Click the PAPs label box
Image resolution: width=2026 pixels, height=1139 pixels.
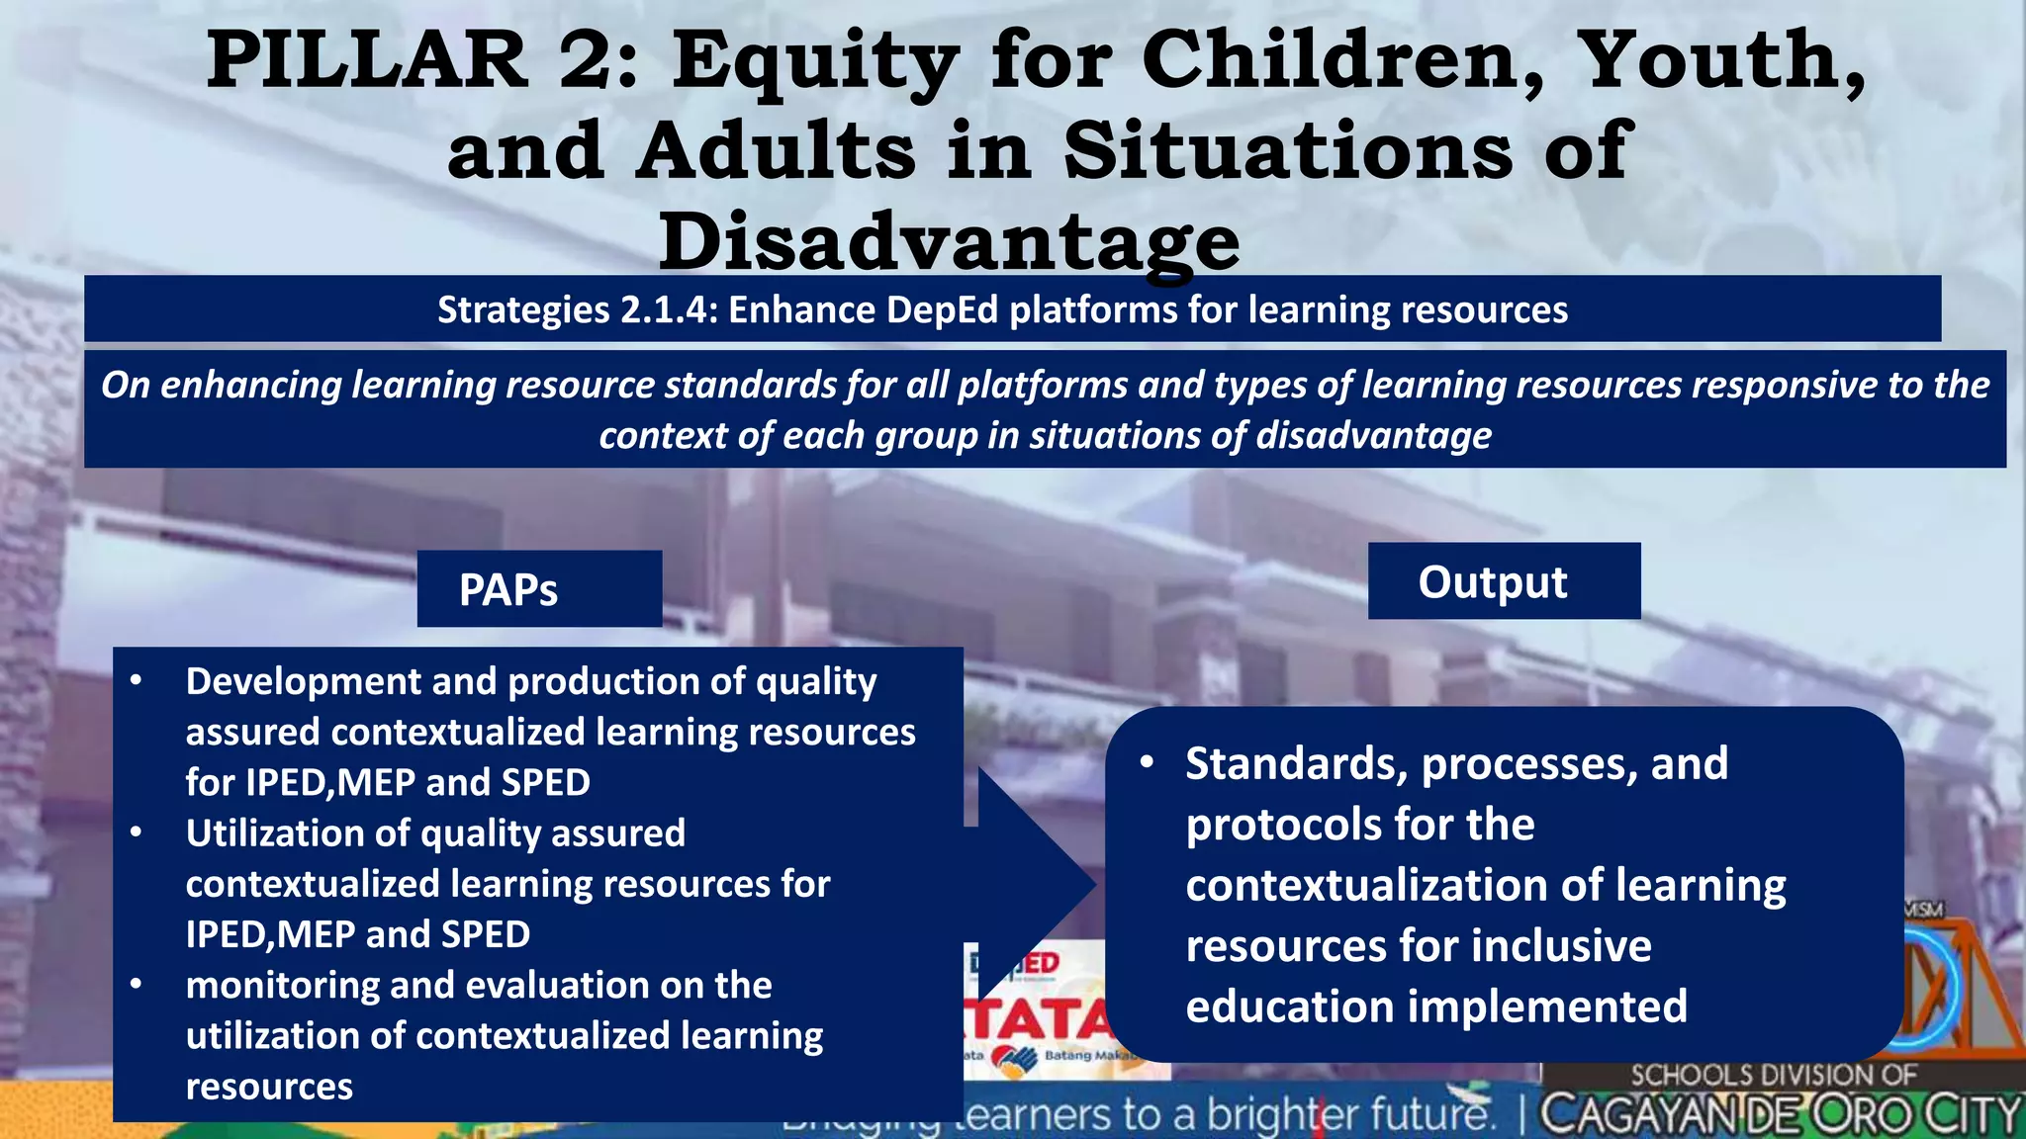click(x=539, y=589)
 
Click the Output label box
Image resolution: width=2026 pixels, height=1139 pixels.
click(x=1503, y=581)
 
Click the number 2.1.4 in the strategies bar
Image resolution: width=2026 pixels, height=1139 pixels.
click(x=667, y=310)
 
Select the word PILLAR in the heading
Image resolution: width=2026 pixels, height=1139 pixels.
click(x=367, y=61)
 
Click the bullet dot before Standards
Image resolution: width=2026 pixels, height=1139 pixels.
click(x=1147, y=762)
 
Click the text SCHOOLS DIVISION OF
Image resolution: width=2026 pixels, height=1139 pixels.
click(x=1773, y=1075)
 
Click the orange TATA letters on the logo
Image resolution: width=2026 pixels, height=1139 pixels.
click(x=1039, y=1018)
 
